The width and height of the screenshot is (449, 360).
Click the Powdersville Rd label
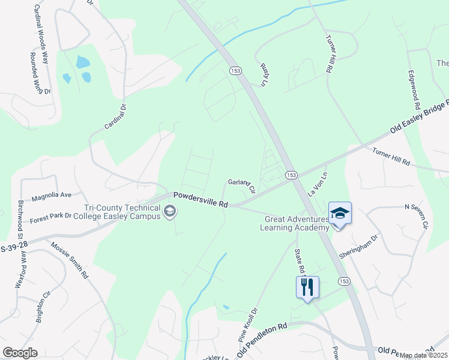[x=200, y=200]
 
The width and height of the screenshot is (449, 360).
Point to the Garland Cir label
[x=242, y=186]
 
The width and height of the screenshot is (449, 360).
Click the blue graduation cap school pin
[x=340, y=214]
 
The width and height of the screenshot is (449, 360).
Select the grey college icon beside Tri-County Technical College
[x=170, y=211]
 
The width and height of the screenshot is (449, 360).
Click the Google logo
[x=20, y=353]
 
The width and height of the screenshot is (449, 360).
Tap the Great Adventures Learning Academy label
[x=295, y=223]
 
